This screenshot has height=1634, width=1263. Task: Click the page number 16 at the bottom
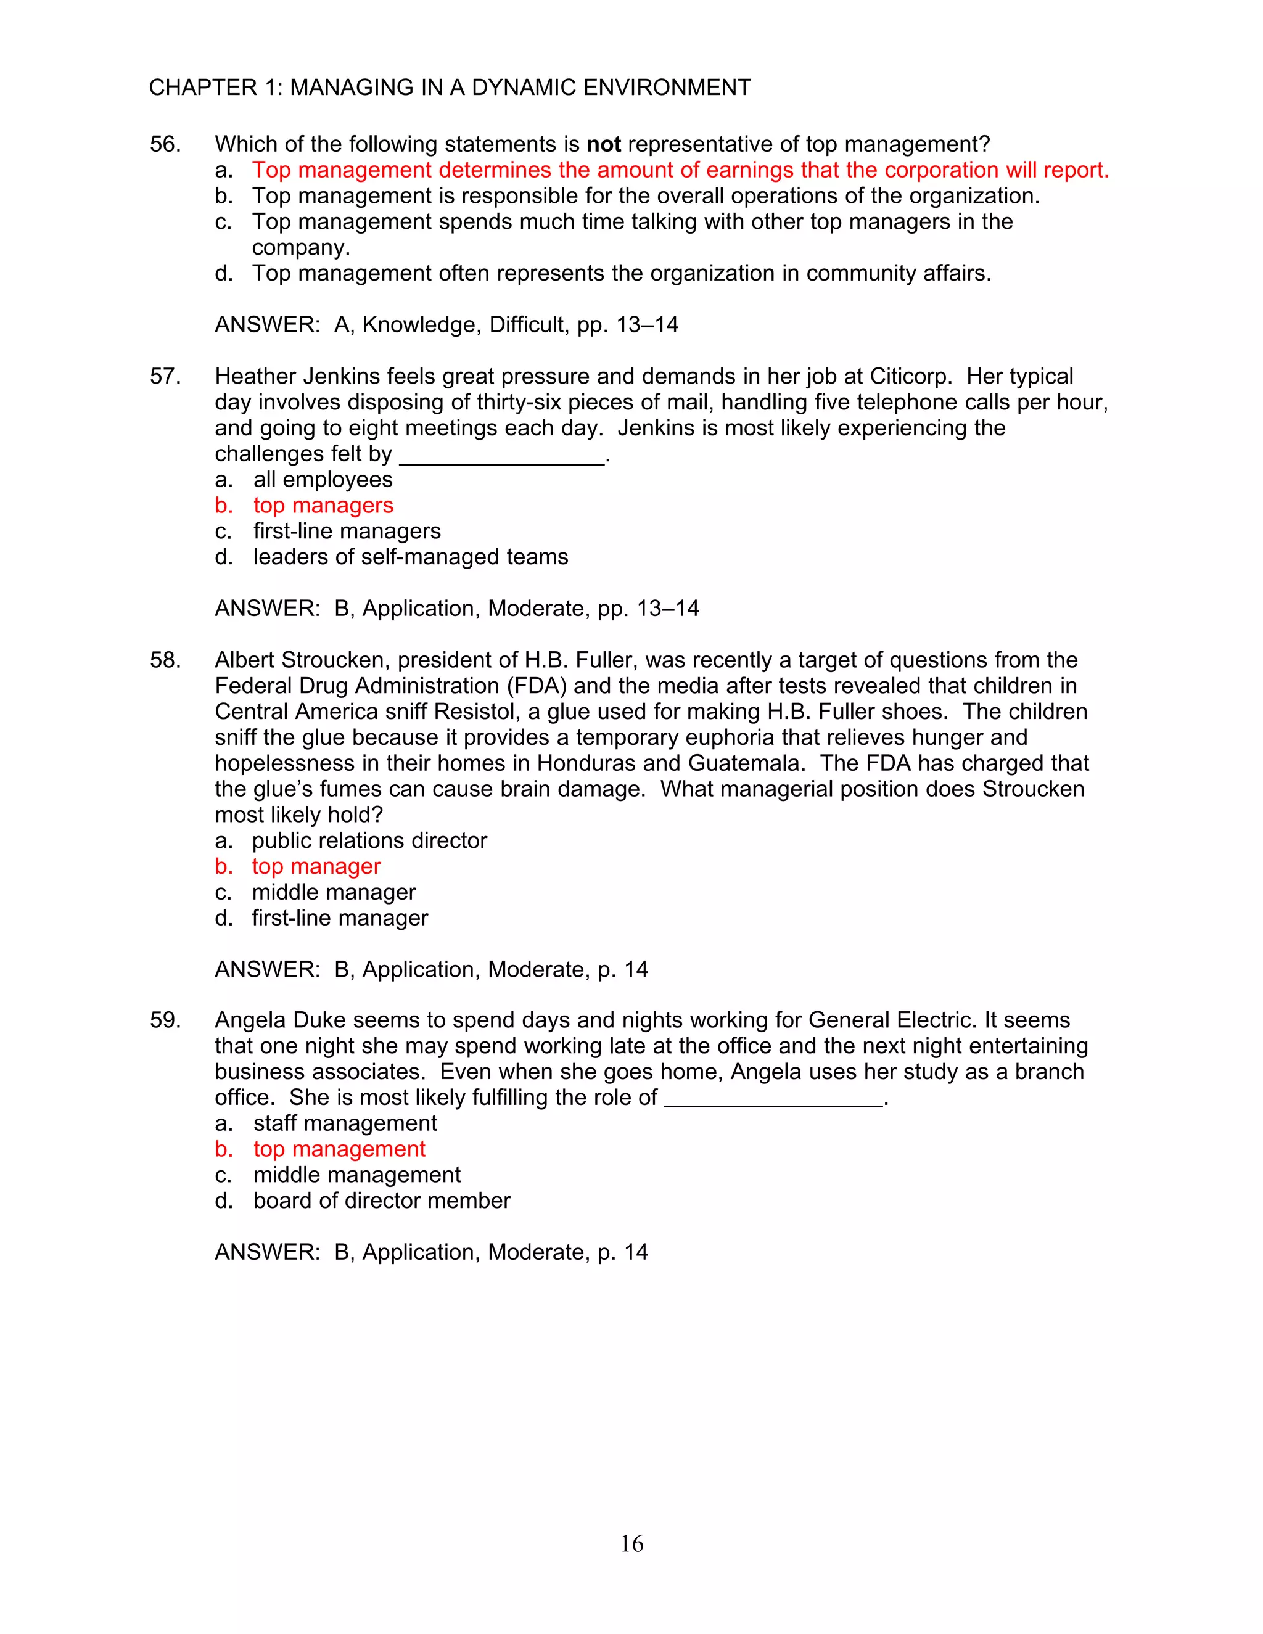pyautogui.click(x=631, y=1543)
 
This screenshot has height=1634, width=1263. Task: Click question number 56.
pyautogui.click(x=165, y=144)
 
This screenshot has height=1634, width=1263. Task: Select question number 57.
pyautogui.click(x=165, y=376)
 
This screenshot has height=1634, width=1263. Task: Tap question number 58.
pyautogui.click(x=165, y=660)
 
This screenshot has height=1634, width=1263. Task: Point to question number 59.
pyautogui.click(x=165, y=1020)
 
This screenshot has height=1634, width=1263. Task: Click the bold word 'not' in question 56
pyautogui.click(x=603, y=144)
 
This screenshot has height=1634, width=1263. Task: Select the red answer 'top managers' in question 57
pyautogui.click(x=323, y=506)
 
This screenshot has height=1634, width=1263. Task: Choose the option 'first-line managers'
pyautogui.click(x=347, y=531)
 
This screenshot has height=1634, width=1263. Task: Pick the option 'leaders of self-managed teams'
pyautogui.click(x=410, y=557)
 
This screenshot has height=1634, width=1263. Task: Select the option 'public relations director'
pyautogui.click(x=369, y=841)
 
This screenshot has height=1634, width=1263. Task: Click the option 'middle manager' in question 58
pyautogui.click(x=333, y=893)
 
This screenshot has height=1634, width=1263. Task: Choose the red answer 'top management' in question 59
pyautogui.click(x=339, y=1149)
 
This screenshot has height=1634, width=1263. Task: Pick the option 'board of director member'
pyautogui.click(x=382, y=1201)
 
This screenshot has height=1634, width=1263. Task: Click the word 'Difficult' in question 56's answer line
pyautogui.click(x=529, y=325)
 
